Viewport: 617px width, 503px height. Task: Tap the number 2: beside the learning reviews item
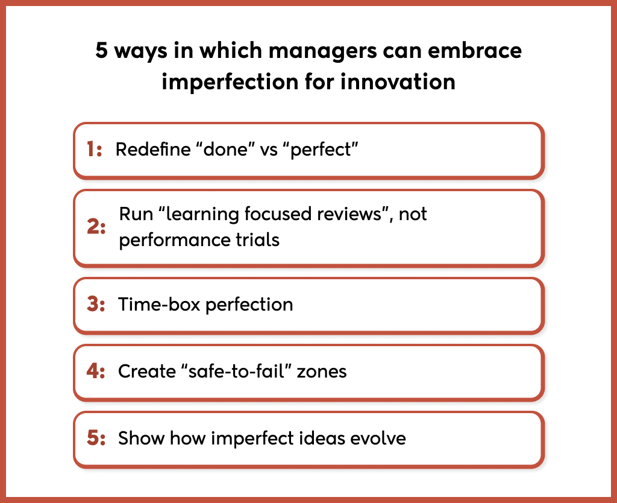[x=96, y=228]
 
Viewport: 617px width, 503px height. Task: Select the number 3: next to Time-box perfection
[x=96, y=305]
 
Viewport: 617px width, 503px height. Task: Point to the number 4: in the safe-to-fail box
[x=96, y=371]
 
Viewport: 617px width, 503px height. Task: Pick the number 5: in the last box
[x=96, y=438]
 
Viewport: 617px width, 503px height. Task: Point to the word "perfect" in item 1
[x=324, y=150]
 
